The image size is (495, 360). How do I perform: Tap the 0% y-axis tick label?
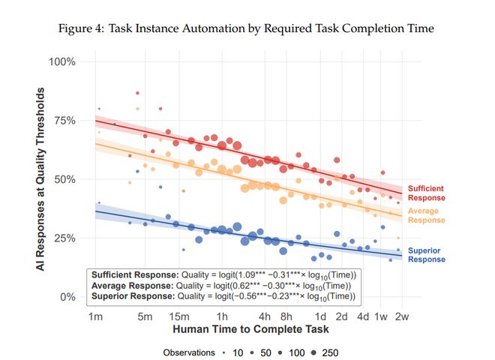click(x=68, y=297)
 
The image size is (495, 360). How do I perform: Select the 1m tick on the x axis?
click(x=95, y=316)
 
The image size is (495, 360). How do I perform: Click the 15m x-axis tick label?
click(x=178, y=316)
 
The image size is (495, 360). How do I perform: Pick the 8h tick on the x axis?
click(x=286, y=316)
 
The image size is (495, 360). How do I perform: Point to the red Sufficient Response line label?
click(x=425, y=193)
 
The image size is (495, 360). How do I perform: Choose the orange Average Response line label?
click(x=425, y=216)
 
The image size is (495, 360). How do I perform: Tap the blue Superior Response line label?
click(x=425, y=255)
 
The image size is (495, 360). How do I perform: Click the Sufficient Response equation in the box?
click(x=223, y=274)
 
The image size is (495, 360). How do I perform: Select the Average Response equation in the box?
click(x=223, y=285)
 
